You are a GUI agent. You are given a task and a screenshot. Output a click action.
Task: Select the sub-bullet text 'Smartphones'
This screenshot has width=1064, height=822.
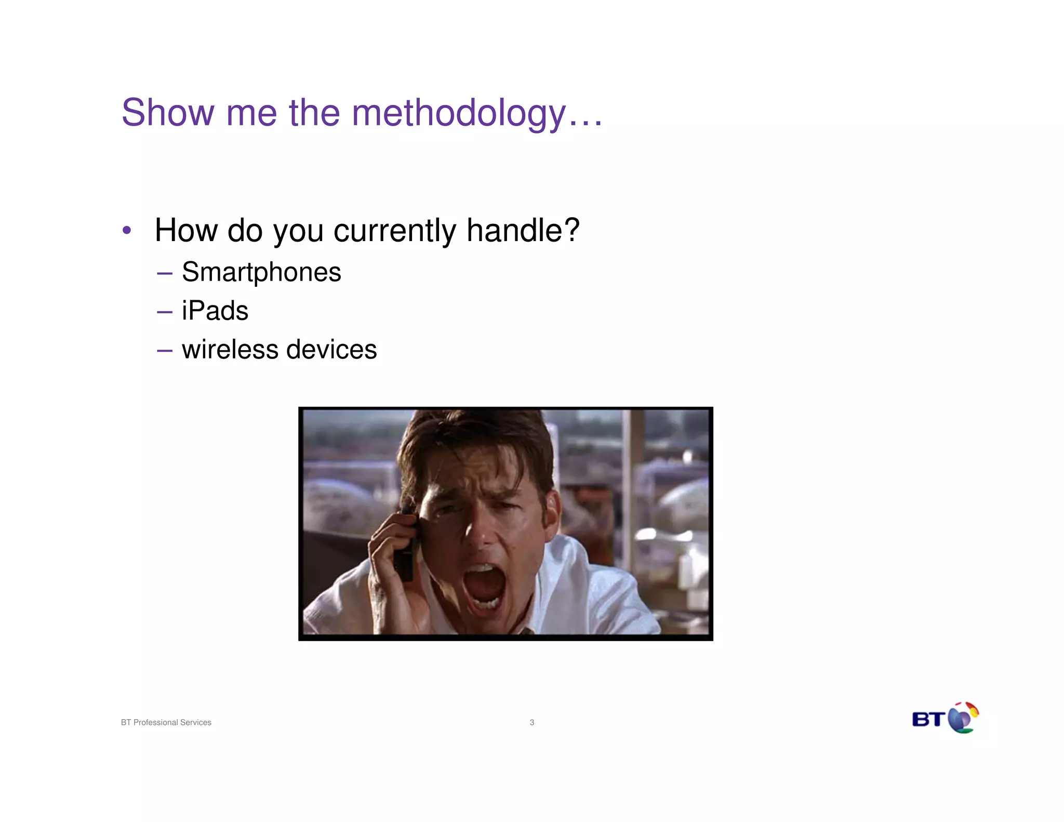[261, 272]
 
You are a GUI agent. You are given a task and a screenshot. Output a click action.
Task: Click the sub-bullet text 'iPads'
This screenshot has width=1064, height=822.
[215, 311]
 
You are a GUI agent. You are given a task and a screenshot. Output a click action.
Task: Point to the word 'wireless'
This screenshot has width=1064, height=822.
[230, 349]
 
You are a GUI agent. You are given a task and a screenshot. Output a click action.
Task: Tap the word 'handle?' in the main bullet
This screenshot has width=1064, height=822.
[523, 230]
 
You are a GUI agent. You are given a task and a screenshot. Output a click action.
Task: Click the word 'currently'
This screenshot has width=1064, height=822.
[395, 231]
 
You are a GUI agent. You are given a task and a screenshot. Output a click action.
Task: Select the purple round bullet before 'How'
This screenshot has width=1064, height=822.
[127, 230]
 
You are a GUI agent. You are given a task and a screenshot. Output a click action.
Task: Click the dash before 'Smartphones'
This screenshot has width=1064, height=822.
[164, 273]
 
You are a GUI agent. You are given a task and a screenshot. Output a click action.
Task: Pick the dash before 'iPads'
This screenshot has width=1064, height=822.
[164, 312]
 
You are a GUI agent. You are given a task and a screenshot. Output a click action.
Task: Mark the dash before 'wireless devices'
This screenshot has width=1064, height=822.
[164, 351]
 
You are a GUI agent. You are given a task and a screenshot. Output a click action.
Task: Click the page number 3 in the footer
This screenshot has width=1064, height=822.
[531, 722]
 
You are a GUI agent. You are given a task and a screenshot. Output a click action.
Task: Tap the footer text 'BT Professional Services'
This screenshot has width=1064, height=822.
[166, 722]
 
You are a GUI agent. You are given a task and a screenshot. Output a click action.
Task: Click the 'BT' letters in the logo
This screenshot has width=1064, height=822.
[928, 720]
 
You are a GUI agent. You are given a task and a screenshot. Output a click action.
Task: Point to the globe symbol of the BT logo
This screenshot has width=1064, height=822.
[963, 718]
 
